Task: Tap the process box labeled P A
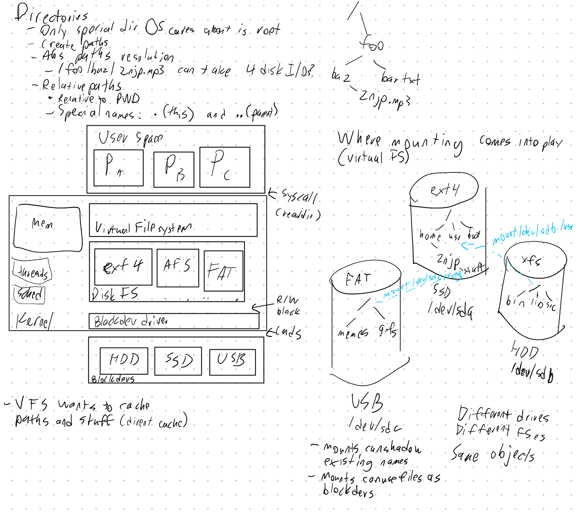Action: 118,168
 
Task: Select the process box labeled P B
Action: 173,169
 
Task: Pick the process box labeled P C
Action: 224,167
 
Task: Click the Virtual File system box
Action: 173,220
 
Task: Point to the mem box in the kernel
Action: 48,227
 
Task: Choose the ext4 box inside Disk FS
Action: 123,267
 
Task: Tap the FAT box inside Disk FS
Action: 223,271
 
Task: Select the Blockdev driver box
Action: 174,321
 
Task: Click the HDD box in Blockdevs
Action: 124,360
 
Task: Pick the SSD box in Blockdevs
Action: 178,361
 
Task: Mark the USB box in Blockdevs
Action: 232,362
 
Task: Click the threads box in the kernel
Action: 32,272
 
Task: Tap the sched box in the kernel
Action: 29,294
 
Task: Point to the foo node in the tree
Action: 372,44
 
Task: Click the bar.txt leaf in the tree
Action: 400,79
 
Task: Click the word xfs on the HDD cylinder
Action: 532,260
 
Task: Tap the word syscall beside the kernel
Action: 299,196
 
